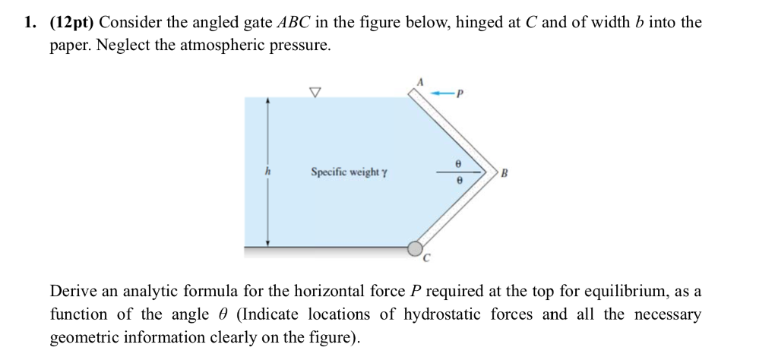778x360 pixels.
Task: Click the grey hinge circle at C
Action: click(415, 248)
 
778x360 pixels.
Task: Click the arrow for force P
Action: click(441, 93)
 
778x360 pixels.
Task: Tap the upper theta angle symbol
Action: click(457, 163)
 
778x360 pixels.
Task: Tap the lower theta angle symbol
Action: click(457, 182)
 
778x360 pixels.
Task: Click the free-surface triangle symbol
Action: click(315, 92)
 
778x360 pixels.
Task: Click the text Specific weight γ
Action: click(349, 172)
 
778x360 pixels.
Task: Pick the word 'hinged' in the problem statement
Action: click(477, 23)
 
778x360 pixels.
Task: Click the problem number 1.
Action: click(27, 23)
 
